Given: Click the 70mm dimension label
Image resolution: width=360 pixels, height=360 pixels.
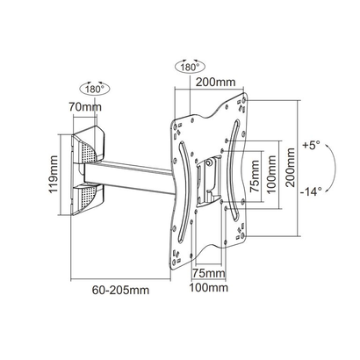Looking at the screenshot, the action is click(85, 107).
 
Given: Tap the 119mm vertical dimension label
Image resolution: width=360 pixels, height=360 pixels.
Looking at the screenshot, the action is click(54, 175).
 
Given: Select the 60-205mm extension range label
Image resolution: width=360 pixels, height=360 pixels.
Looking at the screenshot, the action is click(120, 290).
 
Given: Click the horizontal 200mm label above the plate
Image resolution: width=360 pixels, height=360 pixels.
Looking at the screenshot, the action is click(215, 82).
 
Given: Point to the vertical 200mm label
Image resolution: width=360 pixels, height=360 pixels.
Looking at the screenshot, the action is click(291, 168).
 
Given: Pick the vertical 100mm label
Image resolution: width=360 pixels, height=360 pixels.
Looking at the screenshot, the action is click(271, 175).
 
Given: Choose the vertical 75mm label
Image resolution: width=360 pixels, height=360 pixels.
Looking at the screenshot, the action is click(254, 176).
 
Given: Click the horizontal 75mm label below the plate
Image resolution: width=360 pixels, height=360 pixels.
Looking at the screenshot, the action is click(208, 273).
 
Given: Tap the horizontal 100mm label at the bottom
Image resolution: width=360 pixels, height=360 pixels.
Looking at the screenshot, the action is click(208, 287).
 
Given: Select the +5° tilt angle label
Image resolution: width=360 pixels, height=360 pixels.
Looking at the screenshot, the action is click(312, 146).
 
